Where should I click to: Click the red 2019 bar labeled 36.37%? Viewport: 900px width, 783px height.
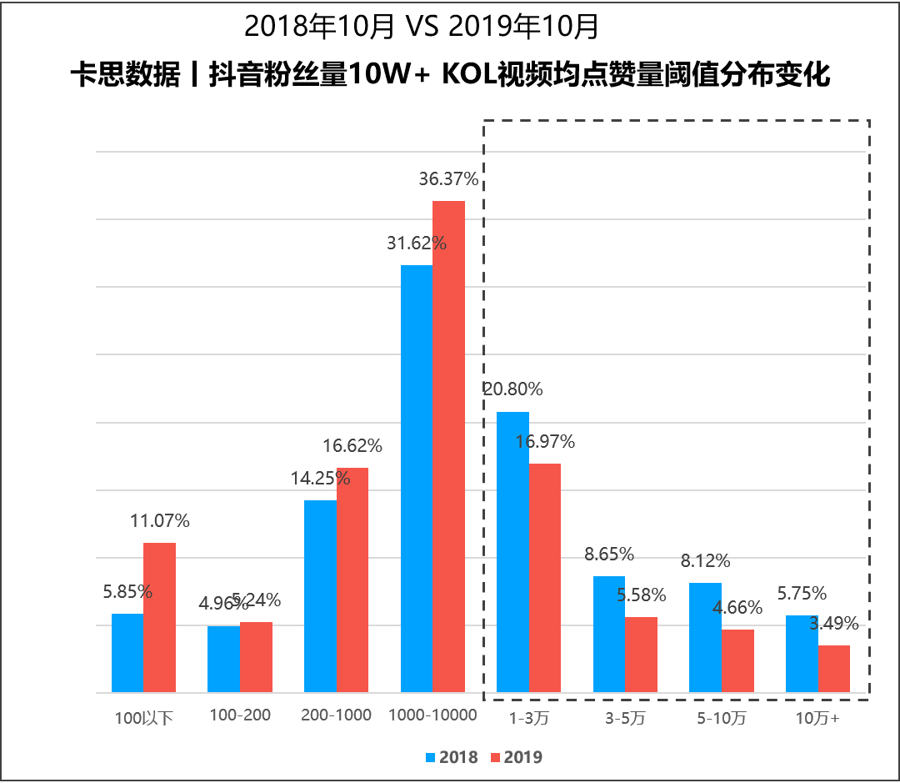tap(448, 446)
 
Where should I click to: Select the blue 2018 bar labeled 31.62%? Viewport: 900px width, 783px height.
tap(417, 479)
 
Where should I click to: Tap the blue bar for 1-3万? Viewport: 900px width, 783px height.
tap(512, 551)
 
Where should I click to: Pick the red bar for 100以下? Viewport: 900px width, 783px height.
tap(159, 617)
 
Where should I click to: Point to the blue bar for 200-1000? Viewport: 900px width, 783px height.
tap(320, 595)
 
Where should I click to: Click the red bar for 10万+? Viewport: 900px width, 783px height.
tap(833, 668)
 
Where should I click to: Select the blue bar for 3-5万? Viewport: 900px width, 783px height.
tap(609, 634)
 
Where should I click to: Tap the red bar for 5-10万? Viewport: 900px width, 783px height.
tap(737, 660)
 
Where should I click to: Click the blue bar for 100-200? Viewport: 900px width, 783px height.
tap(223, 659)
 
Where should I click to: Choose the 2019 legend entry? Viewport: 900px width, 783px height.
tap(517, 757)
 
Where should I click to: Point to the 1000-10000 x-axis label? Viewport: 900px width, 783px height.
tap(432, 715)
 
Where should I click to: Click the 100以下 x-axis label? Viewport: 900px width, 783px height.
tap(143, 716)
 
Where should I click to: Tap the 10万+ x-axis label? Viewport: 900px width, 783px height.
tap(817, 715)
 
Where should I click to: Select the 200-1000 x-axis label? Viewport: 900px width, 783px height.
tap(337, 715)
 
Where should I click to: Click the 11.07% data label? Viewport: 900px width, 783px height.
tap(160, 521)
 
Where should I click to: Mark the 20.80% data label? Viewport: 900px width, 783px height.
tap(512, 389)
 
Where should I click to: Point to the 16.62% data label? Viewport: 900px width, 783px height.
tap(352, 445)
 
